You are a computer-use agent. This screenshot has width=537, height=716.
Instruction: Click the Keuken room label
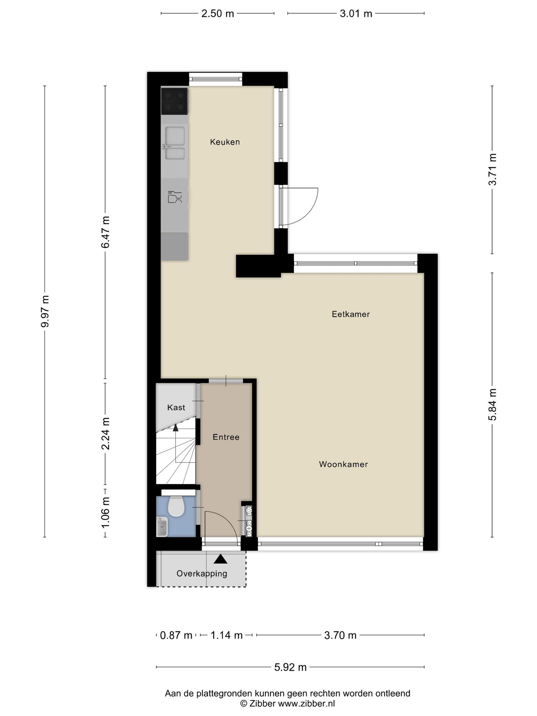pos(225,142)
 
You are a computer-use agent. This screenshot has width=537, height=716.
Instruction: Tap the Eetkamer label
pos(351,314)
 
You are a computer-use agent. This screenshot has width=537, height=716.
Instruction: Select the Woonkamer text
pos(343,464)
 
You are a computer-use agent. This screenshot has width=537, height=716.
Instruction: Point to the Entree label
pos(226,437)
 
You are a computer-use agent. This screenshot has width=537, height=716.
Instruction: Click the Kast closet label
pos(176,407)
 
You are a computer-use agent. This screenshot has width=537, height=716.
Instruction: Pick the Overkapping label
pos(202,573)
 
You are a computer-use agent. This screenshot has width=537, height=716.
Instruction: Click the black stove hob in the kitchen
pos(174,101)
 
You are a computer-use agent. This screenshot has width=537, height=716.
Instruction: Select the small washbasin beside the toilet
pos(162,527)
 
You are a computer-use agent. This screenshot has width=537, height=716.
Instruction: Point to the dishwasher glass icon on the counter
pos(175,197)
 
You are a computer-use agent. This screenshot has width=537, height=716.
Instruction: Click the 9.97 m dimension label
pos(45,311)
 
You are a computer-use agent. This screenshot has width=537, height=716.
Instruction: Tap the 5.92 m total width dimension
pos(290,667)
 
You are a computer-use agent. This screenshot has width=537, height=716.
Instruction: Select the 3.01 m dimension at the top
pos(356,14)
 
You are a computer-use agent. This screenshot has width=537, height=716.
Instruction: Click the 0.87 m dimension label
pos(176,635)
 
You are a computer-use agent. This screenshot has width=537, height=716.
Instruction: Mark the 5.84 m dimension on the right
pos(492,404)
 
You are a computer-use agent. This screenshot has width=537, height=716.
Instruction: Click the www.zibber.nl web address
pos(306,703)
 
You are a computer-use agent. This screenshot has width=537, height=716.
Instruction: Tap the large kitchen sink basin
pos(175,136)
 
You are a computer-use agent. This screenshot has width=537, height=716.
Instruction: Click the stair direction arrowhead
pos(176,427)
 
